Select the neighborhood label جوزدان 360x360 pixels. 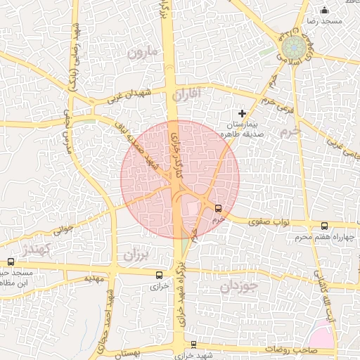tap(239, 286)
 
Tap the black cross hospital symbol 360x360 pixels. tap(243, 112)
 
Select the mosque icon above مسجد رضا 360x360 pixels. tap(324, 10)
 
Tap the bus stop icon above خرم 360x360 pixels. tap(218, 208)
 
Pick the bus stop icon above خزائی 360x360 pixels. tap(160, 275)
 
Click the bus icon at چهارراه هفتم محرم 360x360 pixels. tap(324, 226)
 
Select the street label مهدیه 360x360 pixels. tap(94, 278)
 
